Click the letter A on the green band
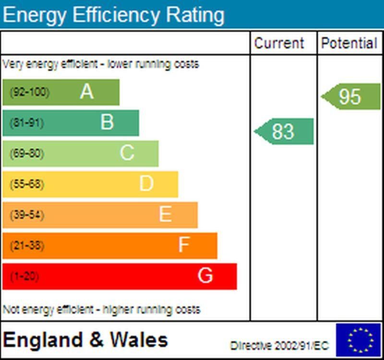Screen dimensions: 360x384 [x=86, y=91]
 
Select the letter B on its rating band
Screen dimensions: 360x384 [x=107, y=122]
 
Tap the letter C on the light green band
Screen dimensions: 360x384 [x=127, y=153]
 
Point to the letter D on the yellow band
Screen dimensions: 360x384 [x=146, y=183]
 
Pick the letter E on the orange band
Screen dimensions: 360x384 [x=166, y=214]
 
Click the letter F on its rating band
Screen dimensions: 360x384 [x=184, y=245]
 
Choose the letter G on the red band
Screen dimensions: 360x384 [x=205, y=276]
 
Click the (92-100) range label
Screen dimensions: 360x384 [x=30, y=92]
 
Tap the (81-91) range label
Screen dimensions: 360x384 [x=27, y=123]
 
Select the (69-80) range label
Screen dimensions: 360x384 [x=27, y=154]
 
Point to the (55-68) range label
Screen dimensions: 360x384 [x=27, y=184]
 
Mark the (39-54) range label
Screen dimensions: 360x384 [x=27, y=215]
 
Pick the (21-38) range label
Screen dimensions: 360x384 [x=27, y=246]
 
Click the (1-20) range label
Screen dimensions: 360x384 [x=24, y=276]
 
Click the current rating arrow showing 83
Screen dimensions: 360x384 [x=284, y=132]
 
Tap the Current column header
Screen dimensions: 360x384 [x=279, y=43]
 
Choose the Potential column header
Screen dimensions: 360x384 [x=349, y=43]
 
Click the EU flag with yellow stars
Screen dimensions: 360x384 [x=358, y=340]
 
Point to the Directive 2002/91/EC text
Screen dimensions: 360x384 [x=279, y=346]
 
